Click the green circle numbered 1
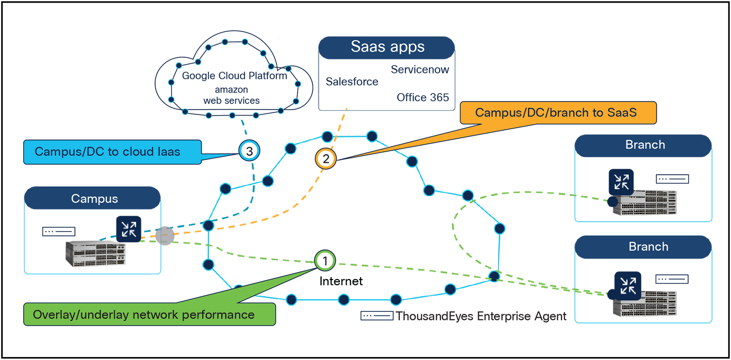click(x=325, y=261)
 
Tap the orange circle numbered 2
click(x=326, y=159)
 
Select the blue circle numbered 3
click(x=249, y=151)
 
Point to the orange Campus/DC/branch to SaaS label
click(x=558, y=113)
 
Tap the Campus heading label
click(x=95, y=199)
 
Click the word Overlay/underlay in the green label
click(x=81, y=315)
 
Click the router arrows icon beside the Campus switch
click(x=128, y=229)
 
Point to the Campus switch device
click(x=96, y=255)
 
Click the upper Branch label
click(x=645, y=145)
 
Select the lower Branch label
click(x=648, y=247)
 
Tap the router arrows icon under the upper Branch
click(x=621, y=182)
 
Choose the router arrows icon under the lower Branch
click(x=628, y=285)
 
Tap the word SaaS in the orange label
click(x=622, y=113)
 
